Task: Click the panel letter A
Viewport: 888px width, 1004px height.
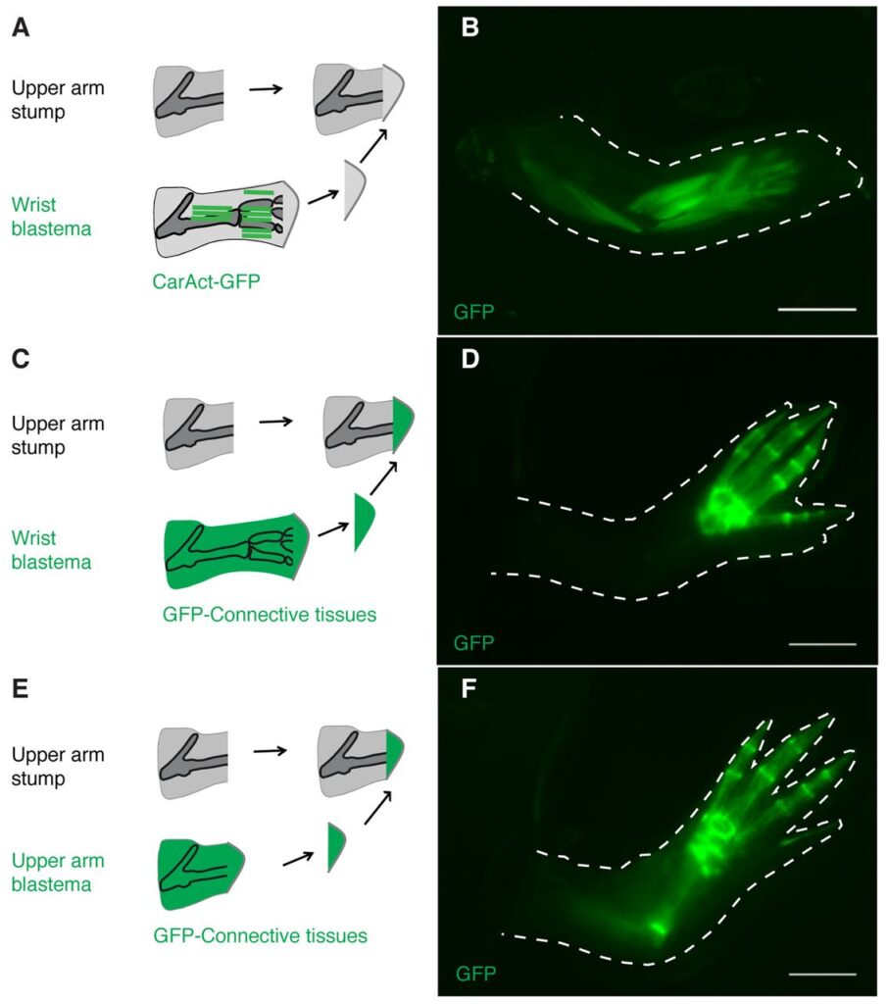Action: click(x=21, y=28)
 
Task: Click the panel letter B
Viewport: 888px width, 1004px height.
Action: click(x=469, y=28)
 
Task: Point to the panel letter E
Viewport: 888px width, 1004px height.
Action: click(x=21, y=689)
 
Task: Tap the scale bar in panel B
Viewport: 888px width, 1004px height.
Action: click(x=816, y=309)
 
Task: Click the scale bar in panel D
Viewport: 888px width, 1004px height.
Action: click(x=821, y=644)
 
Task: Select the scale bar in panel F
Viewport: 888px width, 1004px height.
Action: click(x=821, y=975)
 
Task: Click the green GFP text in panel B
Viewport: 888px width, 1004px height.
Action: click(x=473, y=313)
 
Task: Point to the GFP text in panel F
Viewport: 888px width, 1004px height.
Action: click(x=475, y=974)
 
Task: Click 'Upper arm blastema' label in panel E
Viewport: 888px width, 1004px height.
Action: click(x=58, y=872)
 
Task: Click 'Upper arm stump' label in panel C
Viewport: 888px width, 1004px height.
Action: click(x=58, y=435)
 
